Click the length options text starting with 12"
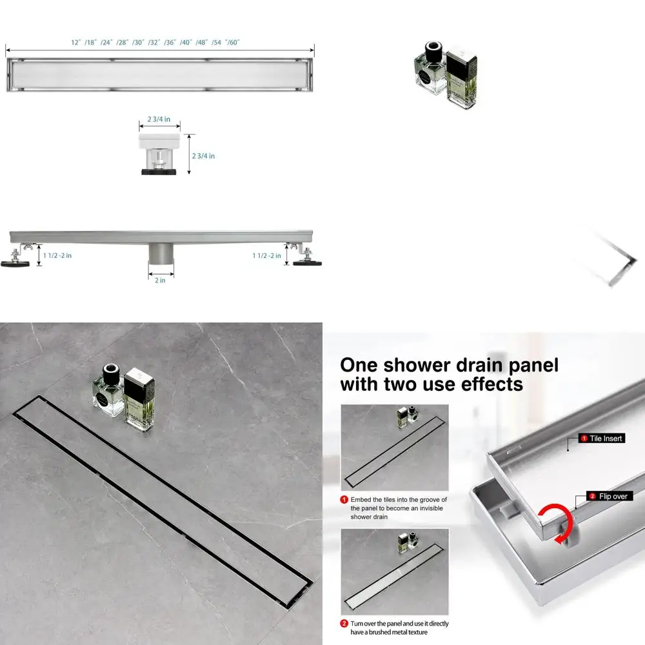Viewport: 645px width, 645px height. point(155,42)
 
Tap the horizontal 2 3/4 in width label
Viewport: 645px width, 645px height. point(159,119)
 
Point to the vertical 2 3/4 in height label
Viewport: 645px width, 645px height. point(203,156)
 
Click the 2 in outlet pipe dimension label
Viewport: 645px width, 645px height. point(159,280)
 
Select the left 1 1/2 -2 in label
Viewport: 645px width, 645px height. point(57,255)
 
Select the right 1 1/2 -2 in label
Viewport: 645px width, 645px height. point(266,255)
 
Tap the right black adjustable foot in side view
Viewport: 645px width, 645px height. point(306,261)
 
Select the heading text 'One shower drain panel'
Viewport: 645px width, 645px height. point(449,365)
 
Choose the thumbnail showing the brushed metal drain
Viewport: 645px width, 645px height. point(394,571)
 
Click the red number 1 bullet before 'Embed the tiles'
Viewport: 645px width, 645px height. point(345,500)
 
